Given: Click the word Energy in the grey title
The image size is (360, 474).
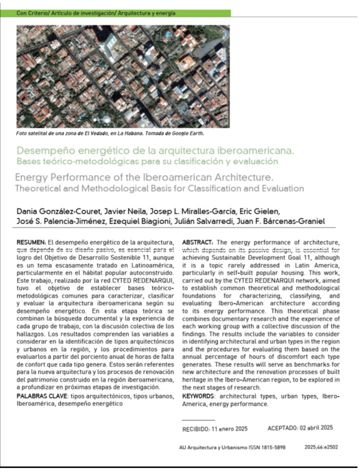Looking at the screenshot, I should (32, 178).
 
